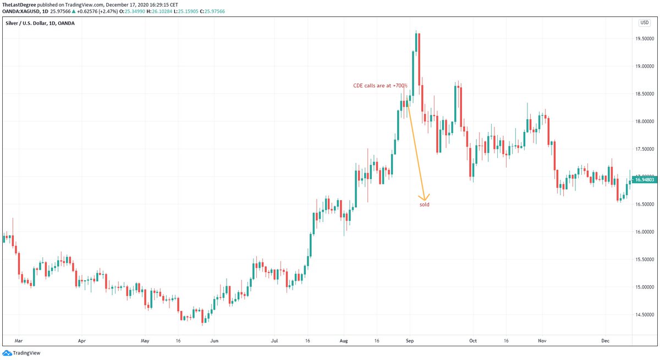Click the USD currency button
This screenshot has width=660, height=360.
643,23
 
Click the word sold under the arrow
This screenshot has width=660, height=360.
424,204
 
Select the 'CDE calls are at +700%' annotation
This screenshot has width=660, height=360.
380,86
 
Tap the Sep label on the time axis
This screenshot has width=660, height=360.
409,341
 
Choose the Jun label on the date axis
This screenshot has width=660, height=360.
215,341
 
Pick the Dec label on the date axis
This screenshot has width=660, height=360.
605,341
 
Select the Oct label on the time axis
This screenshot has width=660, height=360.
472,341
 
